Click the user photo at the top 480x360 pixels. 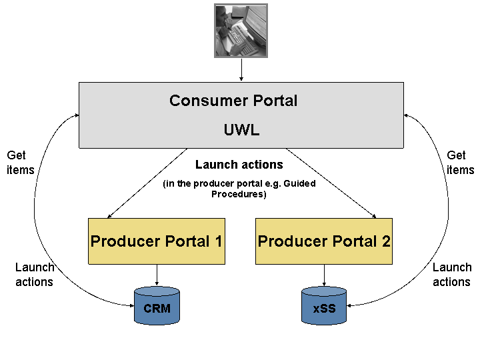click(240, 31)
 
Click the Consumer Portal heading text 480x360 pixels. click(233, 101)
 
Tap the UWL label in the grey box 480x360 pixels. click(241, 130)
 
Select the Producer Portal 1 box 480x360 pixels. click(157, 241)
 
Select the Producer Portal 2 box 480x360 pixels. click(324, 241)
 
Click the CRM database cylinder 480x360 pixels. click(157, 307)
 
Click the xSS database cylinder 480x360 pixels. click(324, 308)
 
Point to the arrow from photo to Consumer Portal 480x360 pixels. click(241, 69)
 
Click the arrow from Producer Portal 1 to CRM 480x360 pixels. click(157, 275)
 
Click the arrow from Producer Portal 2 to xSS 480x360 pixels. click(324, 275)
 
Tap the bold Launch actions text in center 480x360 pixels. click(239, 165)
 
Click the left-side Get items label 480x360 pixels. click(20, 162)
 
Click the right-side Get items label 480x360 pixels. click(460, 162)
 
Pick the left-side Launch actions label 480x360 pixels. click(34, 274)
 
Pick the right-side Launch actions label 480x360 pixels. click(452, 274)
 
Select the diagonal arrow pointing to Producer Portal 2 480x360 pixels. click(331, 183)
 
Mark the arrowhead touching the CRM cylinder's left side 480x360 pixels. click(131, 305)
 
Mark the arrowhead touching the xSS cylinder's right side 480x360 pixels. click(351, 305)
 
